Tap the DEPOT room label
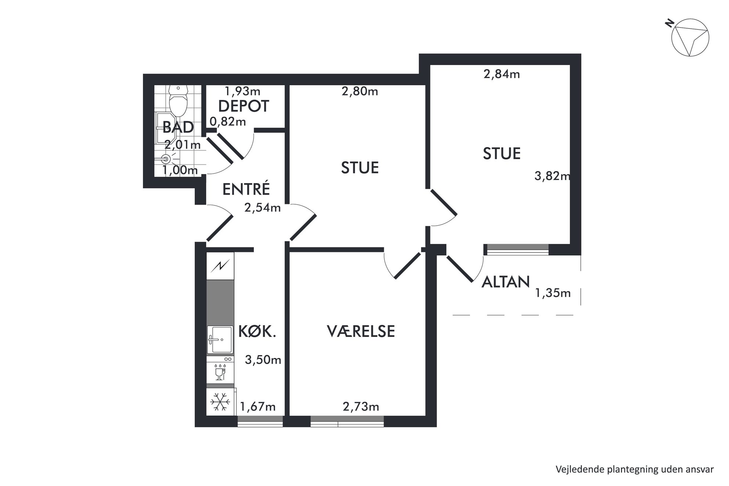coord(244,106)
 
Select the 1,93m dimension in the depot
coord(243,91)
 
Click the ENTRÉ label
coord(246,189)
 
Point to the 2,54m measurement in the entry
coord(262,208)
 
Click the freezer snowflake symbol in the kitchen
coord(220,402)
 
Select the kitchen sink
coord(220,339)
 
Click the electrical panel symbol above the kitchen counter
coord(220,265)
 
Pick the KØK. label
coord(257,331)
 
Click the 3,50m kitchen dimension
coord(263,360)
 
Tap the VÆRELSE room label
coord(361,331)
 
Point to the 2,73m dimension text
coord(361,407)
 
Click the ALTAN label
coord(506,282)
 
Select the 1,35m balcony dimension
coord(553,293)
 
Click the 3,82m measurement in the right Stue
coord(552,176)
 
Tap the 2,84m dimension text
coord(502,74)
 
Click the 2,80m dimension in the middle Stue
coord(360,91)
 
